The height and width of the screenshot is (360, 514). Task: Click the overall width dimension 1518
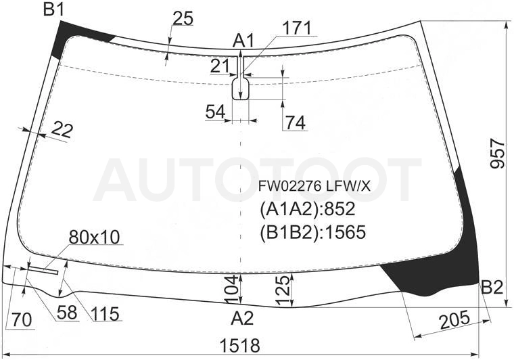click(240, 345)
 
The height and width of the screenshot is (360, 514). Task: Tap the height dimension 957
click(498, 153)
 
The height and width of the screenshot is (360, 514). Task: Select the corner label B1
click(53, 10)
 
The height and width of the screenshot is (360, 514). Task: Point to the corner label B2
click(492, 288)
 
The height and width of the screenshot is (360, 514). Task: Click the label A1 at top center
click(243, 41)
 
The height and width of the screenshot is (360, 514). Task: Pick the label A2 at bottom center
click(242, 318)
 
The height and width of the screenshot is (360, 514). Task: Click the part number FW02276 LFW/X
click(314, 187)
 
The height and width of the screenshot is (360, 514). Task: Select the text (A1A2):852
click(308, 209)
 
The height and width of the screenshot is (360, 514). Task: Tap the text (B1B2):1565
click(312, 233)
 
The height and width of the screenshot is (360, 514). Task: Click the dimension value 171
click(297, 28)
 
